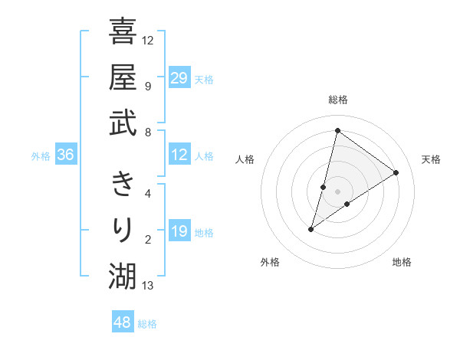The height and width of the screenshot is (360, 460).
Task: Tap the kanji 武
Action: coord(123,123)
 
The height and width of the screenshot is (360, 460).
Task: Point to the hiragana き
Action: coord(123,184)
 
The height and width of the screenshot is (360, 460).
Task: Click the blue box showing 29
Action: coord(179,78)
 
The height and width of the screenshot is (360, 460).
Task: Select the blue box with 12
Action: coord(179,155)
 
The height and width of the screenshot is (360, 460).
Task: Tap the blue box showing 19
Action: coord(179,231)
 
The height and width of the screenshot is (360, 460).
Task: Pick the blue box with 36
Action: coord(66,155)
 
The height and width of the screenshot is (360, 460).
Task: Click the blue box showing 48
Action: coord(123,322)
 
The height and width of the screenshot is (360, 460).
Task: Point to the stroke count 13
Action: coord(148,286)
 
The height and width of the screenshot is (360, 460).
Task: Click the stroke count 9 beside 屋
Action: coord(148,86)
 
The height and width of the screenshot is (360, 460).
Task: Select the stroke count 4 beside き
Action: coord(148,193)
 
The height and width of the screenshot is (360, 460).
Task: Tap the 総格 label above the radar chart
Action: coord(337,100)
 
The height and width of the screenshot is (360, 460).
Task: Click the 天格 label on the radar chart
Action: coord(432,159)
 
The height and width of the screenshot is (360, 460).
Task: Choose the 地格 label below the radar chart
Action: coord(402,262)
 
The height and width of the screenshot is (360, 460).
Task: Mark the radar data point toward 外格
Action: coord(311,229)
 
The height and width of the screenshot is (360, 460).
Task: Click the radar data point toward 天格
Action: coord(396,172)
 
